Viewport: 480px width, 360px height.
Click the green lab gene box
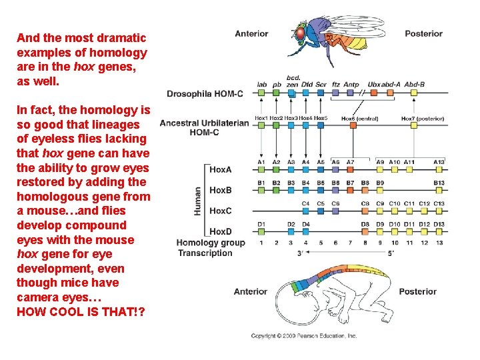pos(262,93)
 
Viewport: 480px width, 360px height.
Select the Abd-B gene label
pos(414,85)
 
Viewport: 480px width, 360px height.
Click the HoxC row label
pos(221,211)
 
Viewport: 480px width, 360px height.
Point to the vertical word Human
pos(198,201)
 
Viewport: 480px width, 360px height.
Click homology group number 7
pos(351,243)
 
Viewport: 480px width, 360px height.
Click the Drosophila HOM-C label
pos(205,94)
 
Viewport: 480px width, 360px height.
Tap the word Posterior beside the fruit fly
pos(423,33)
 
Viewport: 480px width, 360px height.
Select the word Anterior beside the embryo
pos(251,291)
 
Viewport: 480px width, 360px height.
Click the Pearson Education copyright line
pos(304,336)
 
